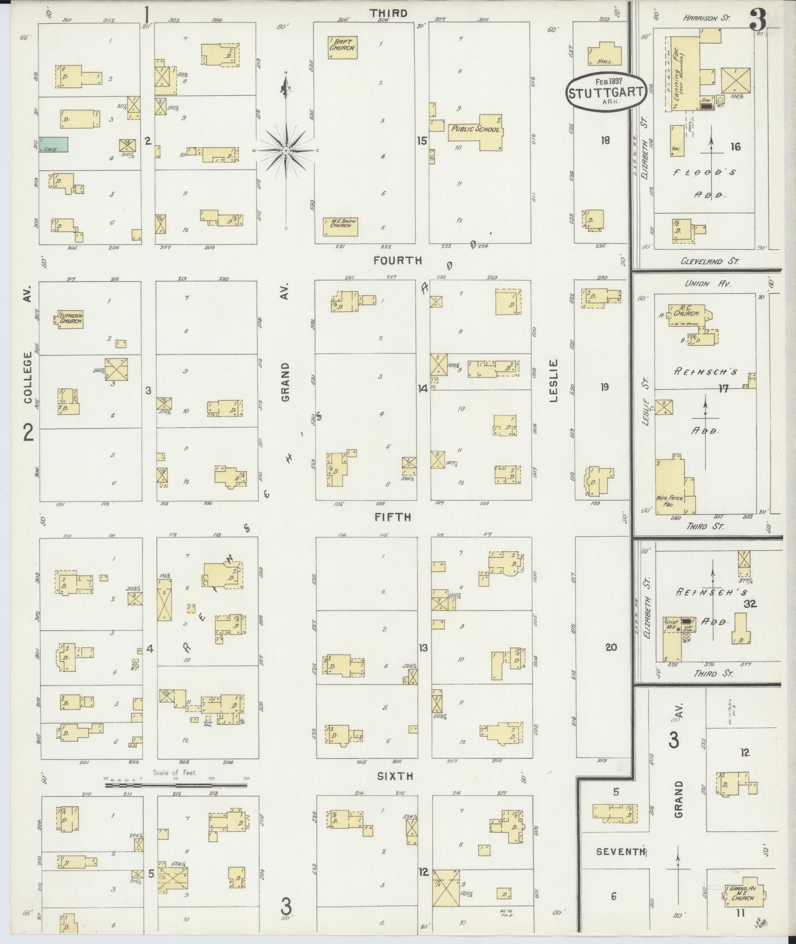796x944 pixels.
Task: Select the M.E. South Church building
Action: point(340,227)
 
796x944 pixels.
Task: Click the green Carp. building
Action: point(53,144)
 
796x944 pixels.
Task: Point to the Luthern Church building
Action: point(70,319)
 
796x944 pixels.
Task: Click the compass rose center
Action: point(286,150)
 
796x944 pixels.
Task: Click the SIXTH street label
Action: point(395,776)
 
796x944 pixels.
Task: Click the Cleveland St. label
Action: point(709,262)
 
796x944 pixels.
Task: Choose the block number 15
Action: point(421,141)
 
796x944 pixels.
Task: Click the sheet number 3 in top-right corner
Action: point(758,20)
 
